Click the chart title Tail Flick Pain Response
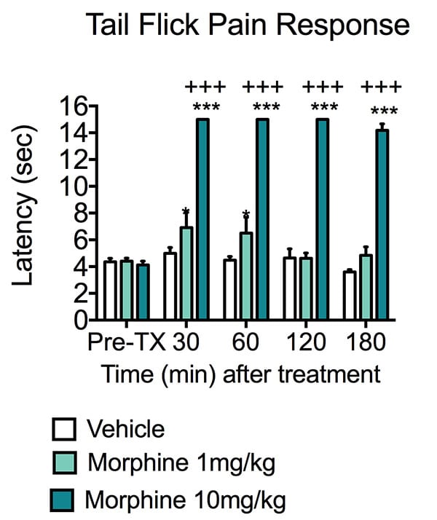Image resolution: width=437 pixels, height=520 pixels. pyautogui.click(x=247, y=26)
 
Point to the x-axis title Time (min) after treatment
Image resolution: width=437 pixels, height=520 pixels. pyautogui.click(x=240, y=374)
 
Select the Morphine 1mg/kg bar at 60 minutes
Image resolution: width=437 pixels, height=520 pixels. pyautogui.click(x=247, y=277)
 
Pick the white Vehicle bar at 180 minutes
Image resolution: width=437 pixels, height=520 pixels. pyautogui.click(x=350, y=296)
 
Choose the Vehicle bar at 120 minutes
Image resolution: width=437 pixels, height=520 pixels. pyautogui.click(x=291, y=289)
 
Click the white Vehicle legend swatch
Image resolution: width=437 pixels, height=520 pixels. pyautogui.click(x=63, y=430)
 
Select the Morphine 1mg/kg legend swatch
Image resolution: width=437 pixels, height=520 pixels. pyautogui.click(x=63, y=465)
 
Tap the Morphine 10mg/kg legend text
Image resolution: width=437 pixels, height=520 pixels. pyautogui.click(x=186, y=500)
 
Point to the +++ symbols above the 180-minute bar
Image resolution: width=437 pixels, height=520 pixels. pyautogui.click(x=381, y=88)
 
